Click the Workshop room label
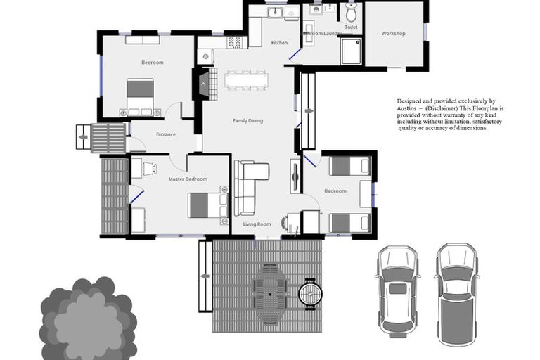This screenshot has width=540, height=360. tap(394, 34)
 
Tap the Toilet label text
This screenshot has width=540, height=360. tap(352, 27)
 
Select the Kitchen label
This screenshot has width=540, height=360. tap(279, 43)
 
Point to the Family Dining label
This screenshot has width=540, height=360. tap(247, 121)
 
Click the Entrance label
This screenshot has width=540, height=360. tap(166, 135)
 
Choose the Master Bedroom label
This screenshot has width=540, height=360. tap(188, 179)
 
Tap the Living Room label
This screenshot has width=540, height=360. tap(257, 224)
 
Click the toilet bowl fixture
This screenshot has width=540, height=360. tap(352, 12)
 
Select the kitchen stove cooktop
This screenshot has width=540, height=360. tap(235, 42)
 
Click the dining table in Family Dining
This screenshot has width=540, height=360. tap(245, 79)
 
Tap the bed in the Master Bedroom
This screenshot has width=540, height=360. tap(205, 205)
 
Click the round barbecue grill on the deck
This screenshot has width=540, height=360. tap(310, 293)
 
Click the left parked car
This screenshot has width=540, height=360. tap(398, 289)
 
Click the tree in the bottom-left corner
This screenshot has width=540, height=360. tap(86, 319)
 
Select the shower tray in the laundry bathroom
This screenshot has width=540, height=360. tap(351, 51)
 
